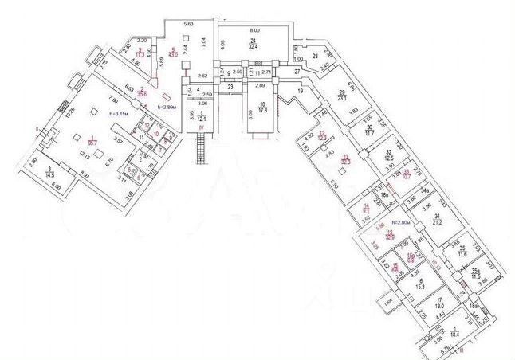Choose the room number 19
(x=301, y=92)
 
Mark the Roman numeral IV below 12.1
(x=201, y=126)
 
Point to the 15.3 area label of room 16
(x=419, y=285)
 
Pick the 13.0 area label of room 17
(x=438, y=305)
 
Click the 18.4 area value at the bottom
(x=456, y=335)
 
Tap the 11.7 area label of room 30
(x=370, y=133)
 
